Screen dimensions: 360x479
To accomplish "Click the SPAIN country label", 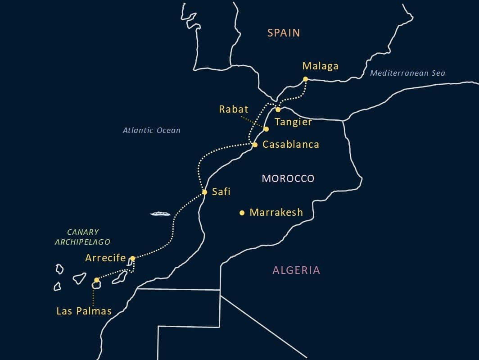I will pyautogui.click(x=284, y=33).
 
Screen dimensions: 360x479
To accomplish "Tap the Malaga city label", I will pyautogui.click(x=320, y=66).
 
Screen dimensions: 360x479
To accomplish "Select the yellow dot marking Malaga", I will pyautogui.click(x=305, y=79).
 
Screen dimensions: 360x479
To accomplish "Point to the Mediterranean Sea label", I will pyautogui.click(x=407, y=73).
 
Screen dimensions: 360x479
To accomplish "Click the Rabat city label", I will pyautogui.click(x=234, y=109).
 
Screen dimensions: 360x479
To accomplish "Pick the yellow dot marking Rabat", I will pyautogui.click(x=266, y=129).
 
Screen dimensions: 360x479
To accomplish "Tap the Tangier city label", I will pyautogui.click(x=293, y=122).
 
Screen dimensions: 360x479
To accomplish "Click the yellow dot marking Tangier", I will pyautogui.click(x=278, y=109).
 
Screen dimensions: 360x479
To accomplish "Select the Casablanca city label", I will pyautogui.click(x=291, y=145).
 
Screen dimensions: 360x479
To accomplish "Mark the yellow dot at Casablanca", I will pyautogui.click(x=255, y=145).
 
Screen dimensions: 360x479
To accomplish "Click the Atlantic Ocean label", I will pyautogui.click(x=152, y=131).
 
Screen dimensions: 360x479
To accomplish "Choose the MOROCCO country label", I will pyautogui.click(x=288, y=179).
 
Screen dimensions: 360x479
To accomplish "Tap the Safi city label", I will pyautogui.click(x=221, y=192).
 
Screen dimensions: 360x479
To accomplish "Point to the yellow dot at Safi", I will pyautogui.click(x=204, y=192).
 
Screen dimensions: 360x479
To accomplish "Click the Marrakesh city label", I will pyautogui.click(x=276, y=212).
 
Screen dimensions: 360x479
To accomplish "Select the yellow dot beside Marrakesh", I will pyautogui.click(x=242, y=213).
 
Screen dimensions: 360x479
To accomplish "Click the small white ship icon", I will pyautogui.click(x=160, y=214).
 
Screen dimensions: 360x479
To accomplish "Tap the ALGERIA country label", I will pyautogui.click(x=296, y=270).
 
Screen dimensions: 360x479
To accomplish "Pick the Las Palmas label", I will pyautogui.click(x=84, y=311).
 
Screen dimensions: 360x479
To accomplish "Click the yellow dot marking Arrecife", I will pyautogui.click(x=132, y=259).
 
